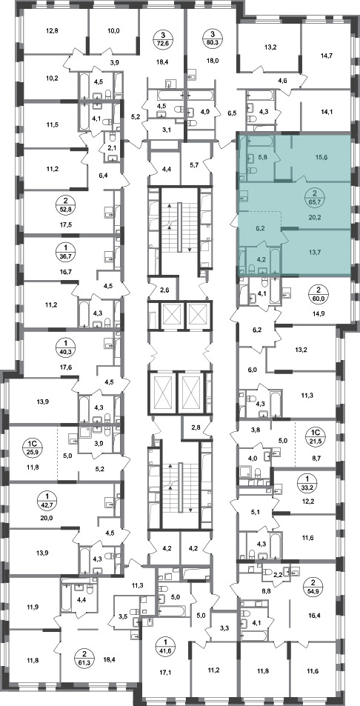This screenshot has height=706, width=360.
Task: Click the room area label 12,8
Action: coord(52,31)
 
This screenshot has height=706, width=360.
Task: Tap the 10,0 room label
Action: coord(113,31)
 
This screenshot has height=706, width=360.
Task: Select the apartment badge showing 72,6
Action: coord(162,38)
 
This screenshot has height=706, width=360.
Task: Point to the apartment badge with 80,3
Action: coord(211,38)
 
